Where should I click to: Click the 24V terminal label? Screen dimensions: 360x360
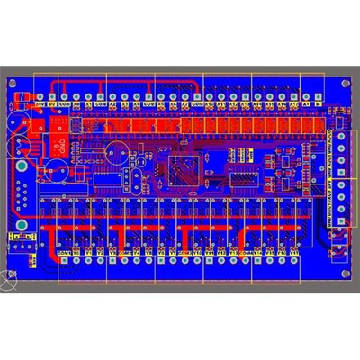coord(40,104)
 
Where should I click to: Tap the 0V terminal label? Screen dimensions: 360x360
coord(52,104)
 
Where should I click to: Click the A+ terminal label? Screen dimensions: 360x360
coord(294,104)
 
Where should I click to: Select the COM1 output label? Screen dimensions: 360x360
coord(64,254)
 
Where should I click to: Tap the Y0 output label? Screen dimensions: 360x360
coord(76,254)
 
